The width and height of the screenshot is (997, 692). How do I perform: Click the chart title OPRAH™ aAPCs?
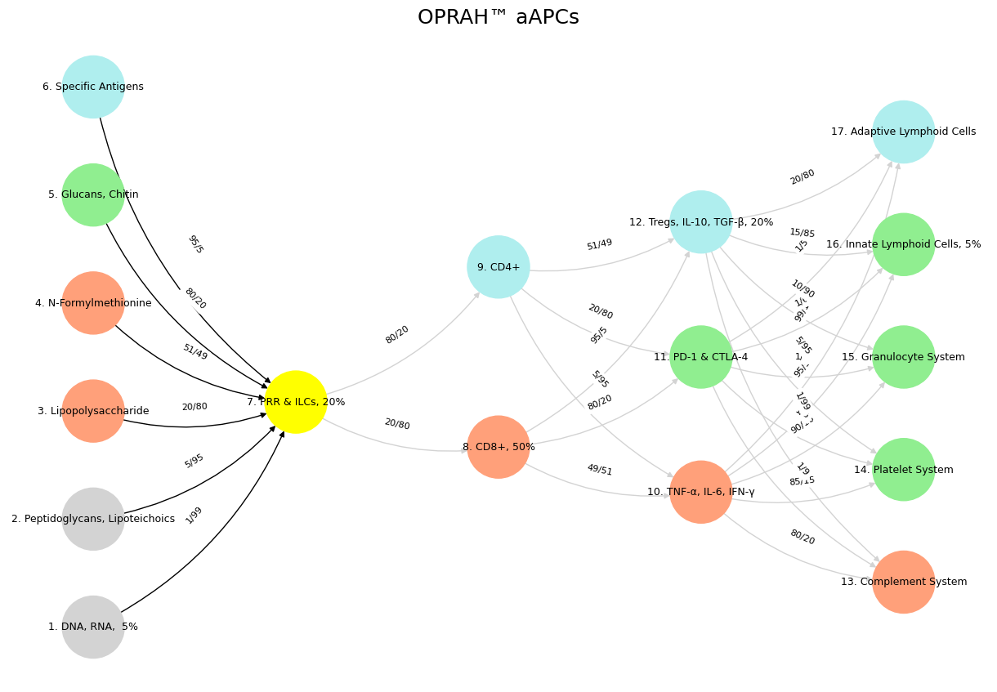(498, 18)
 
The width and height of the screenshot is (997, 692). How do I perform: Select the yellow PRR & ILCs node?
(296, 402)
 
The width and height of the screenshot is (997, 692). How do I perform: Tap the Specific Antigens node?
(93, 87)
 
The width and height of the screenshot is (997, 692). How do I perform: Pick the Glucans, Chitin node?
(93, 194)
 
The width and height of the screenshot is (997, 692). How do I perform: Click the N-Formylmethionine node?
(93, 303)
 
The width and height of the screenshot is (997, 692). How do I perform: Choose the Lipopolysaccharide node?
(93, 411)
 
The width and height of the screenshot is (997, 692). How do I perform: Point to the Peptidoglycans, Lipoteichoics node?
(93, 519)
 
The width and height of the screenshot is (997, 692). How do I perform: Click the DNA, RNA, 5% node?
(93, 627)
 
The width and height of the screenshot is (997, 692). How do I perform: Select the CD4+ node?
(499, 267)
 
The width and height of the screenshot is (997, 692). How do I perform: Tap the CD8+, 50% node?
(499, 447)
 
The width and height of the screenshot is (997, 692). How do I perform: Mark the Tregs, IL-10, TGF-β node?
(701, 222)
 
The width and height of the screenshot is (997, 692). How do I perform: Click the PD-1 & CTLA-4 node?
(701, 357)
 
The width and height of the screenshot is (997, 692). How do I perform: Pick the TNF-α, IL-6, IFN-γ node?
(701, 492)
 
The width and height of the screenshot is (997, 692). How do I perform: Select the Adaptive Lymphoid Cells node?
(903, 132)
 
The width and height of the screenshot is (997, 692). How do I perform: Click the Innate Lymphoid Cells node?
(903, 244)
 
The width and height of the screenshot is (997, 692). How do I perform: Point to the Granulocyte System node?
(903, 357)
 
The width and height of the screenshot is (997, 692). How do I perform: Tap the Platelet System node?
(903, 470)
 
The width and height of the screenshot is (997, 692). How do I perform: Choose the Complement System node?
(903, 582)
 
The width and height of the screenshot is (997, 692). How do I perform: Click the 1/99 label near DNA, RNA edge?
(194, 516)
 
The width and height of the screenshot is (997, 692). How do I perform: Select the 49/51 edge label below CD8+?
(599, 470)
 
